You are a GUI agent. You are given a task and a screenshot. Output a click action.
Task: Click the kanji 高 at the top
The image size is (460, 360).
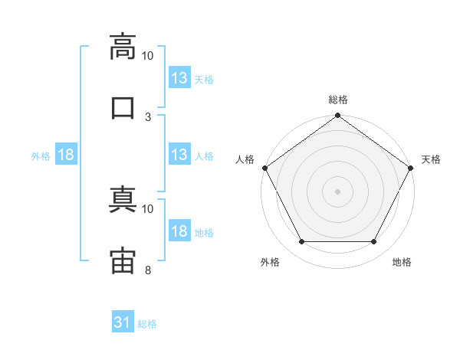point(123,47)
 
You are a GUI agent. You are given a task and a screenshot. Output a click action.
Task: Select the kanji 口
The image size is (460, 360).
point(123,108)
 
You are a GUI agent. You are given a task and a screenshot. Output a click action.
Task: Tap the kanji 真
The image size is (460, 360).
point(123,199)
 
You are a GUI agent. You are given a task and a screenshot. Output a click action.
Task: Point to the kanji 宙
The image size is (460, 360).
point(123,260)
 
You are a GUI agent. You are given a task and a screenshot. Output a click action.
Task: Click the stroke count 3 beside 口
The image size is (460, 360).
point(148,117)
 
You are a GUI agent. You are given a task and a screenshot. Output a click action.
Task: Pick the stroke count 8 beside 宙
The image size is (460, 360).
point(148,270)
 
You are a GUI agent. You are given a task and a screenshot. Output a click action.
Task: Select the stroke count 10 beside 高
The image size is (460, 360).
point(147,56)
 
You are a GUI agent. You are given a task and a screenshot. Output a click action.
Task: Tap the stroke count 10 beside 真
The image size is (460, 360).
point(147,209)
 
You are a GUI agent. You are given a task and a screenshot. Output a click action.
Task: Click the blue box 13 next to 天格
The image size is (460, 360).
point(179,77)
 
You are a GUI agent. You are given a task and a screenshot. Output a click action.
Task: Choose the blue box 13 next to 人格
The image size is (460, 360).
point(179,154)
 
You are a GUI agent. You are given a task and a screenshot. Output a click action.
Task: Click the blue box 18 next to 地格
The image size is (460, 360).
point(179,230)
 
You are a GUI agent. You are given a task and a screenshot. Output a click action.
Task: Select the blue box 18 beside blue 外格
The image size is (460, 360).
point(66,154)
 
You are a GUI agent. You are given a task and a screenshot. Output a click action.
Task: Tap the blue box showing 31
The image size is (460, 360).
point(123,321)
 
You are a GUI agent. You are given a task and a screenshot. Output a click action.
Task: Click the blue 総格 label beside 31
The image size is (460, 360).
point(147,324)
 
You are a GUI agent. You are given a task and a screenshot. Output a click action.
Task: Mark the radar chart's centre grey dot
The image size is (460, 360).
point(337,191)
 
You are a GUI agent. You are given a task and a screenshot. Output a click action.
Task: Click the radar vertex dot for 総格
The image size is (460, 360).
point(337,115)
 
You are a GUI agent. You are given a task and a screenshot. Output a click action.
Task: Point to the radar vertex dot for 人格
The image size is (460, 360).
point(265,168)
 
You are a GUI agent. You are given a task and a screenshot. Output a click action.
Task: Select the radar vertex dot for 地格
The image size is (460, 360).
point(373,241)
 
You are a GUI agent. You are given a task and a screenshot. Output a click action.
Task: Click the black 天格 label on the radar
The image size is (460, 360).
point(431,159)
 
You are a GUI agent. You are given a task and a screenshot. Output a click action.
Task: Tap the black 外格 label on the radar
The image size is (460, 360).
point(270,262)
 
